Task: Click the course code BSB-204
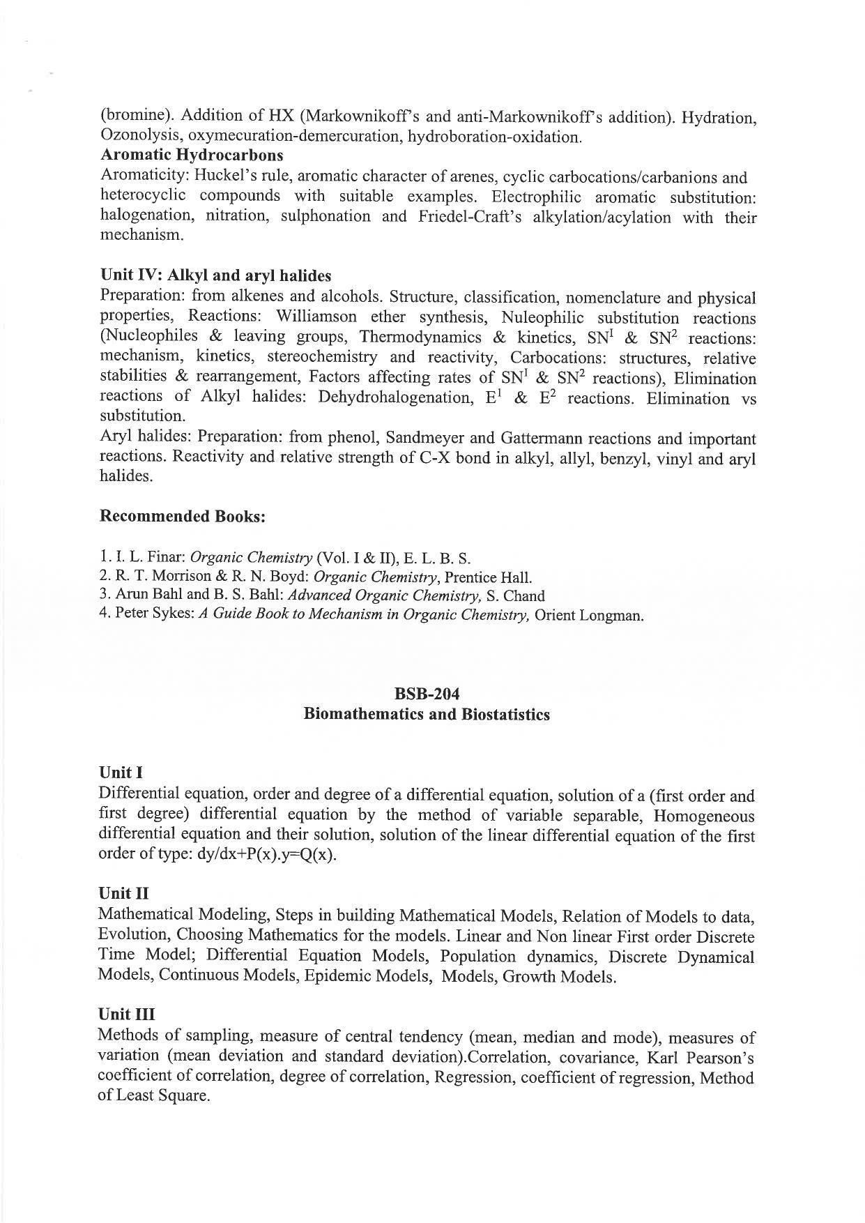(427, 694)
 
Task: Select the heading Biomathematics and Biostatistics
(427, 715)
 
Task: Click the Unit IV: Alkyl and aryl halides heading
(215, 275)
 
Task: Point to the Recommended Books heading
(183, 517)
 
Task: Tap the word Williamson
(317, 318)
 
